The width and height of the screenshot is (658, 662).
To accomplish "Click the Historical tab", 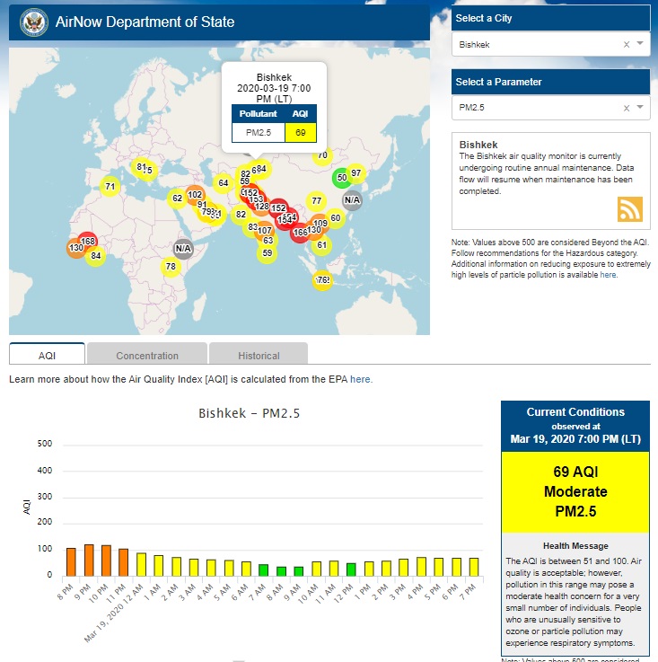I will click(259, 355).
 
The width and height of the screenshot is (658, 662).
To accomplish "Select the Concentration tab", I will click(147, 355).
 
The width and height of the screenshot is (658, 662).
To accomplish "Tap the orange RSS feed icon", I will click(630, 208).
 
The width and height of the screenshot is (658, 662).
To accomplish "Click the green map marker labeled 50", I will click(341, 178).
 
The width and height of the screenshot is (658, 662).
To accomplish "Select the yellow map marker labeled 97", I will click(356, 172).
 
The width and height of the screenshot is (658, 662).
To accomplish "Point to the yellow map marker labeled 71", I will click(110, 187).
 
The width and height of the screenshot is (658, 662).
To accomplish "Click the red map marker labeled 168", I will click(88, 241).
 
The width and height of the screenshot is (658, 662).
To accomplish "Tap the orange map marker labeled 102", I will click(195, 194).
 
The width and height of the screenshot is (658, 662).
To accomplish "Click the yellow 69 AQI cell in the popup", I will click(300, 132).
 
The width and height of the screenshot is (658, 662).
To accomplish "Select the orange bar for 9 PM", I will click(89, 560).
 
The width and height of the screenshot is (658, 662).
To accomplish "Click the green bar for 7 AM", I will click(263, 569).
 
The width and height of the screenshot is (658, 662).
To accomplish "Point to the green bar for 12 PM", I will click(351, 569).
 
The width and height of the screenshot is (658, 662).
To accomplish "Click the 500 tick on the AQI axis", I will click(45, 444).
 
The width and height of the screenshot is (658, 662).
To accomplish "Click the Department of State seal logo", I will click(32, 22).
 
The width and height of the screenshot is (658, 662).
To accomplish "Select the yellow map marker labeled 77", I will click(315, 200).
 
